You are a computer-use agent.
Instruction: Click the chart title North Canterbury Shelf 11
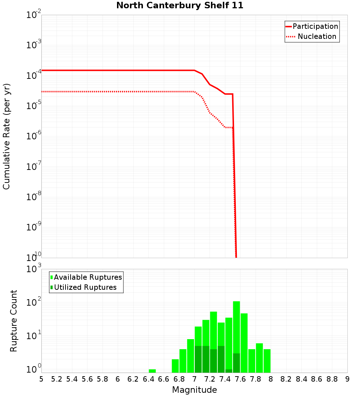pos(180,6)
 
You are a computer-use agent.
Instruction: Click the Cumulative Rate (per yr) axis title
pos(6,136)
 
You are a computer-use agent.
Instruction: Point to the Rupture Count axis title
pos(14,321)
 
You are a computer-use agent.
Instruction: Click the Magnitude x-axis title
pos(194,390)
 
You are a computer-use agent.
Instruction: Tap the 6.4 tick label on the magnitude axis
pos(148,379)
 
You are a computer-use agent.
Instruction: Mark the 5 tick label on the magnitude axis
pos(41,379)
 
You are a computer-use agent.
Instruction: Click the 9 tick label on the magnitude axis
pos(347,379)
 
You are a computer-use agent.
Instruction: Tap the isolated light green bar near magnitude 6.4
pos(152,371)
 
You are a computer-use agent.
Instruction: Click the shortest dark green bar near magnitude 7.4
pos(229,371)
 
